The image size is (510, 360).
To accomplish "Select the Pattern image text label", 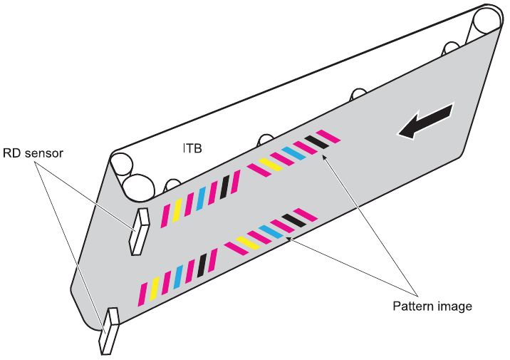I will coord(432,307).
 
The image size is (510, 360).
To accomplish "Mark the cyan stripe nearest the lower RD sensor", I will coord(178,275).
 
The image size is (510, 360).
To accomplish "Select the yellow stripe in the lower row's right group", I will coord(246,242).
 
